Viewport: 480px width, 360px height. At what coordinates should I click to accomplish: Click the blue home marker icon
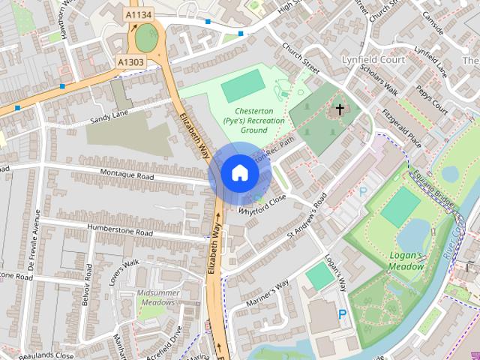click(x=239, y=172)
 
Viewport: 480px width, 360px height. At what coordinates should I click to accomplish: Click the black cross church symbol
click(x=340, y=109)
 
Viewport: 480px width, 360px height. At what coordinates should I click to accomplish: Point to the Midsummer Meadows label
click(x=156, y=297)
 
